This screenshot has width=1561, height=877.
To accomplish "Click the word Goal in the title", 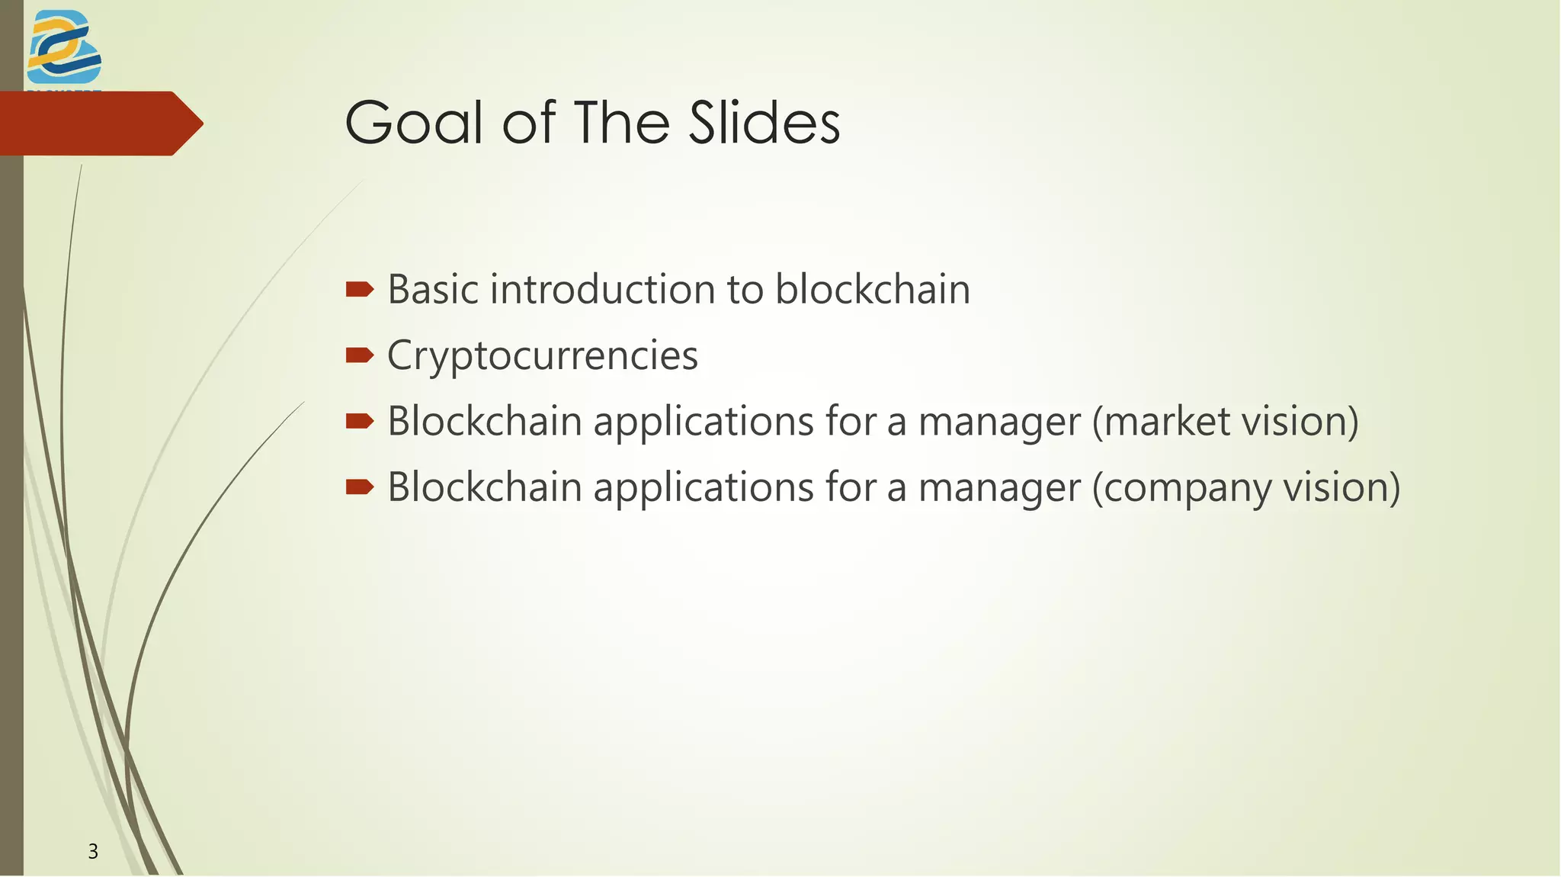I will click(414, 123).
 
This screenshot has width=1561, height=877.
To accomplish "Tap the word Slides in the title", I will click(764, 123).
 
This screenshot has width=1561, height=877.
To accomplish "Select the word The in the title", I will click(624, 123).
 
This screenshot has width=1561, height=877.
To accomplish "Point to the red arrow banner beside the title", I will click(99, 124).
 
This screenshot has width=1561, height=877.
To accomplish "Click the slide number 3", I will click(93, 851).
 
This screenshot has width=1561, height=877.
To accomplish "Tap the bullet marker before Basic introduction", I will click(359, 289).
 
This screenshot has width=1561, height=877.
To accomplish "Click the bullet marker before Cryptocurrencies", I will click(359, 355).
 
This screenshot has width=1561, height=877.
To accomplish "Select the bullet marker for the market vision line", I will click(359, 420).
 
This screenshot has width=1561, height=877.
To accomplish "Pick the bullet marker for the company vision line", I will click(359, 487).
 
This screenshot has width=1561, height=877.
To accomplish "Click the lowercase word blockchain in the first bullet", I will click(872, 290).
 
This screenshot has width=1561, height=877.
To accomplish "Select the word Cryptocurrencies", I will click(542, 356).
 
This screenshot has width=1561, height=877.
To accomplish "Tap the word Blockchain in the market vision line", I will click(485, 422).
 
